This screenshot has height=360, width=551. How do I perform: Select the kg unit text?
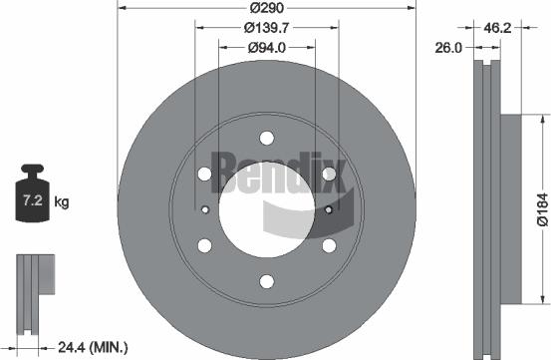(61, 202)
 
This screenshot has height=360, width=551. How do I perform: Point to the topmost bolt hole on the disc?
(266, 139)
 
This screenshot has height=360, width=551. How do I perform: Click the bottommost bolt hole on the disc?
(266, 281)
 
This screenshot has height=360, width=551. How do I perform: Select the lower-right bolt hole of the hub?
(328, 245)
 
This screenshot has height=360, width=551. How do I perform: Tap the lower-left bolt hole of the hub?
(204, 245)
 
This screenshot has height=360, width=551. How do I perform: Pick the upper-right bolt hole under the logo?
(328, 175)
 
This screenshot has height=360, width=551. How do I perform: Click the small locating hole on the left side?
(204, 209)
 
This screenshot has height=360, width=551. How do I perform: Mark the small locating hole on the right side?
(328, 209)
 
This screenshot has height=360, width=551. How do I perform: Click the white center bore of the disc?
(266, 210)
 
